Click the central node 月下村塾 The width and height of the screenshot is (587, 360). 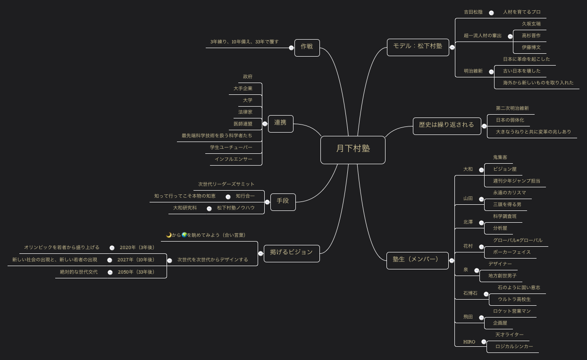click(x=352, y=149)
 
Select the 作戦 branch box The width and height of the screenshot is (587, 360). click(x=307, y=47)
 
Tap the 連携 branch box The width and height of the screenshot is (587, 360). click(x=280, y=123)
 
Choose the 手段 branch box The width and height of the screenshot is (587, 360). click(x=283, y=201)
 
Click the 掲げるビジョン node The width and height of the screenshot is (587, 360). click(x=291, y=253)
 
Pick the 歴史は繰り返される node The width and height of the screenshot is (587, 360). click(x=446, y=126)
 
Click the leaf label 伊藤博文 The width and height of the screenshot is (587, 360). click(x=531, y=48)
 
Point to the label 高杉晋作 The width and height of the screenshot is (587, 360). click(x=531, y=36)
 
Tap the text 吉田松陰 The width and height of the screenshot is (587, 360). click(x=473, y=12)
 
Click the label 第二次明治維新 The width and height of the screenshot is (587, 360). click(x=512, y=109)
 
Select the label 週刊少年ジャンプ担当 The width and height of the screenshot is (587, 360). click(x=516, y=181)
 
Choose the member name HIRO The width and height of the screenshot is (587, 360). click(x=469, y=342)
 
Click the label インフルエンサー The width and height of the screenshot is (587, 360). click(x=233, y=159)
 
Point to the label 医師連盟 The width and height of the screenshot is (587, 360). click(x=243, y=124)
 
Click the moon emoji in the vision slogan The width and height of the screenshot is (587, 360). click(x=169, y=235)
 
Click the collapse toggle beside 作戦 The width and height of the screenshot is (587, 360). click(x=291, y=48)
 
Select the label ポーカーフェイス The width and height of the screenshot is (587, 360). click(x=512, y=252)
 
